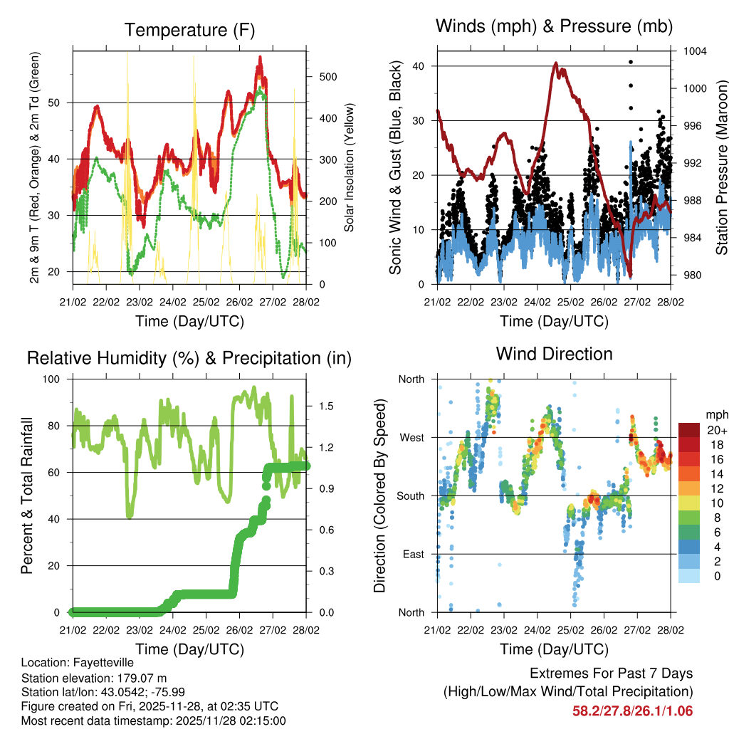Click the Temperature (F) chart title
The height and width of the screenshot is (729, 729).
click(x=189, y=30)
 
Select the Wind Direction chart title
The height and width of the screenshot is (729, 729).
click(x=554, y=354)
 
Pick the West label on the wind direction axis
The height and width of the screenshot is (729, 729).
click(x=411, y=437)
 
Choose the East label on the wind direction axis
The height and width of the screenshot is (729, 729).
click(x=412, y=554)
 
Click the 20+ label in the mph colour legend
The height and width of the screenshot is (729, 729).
click(x=717, y=430)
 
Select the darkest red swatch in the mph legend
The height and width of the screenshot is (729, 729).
click(x=689, y=430)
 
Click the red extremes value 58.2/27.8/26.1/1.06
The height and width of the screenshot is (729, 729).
click(x=632, y=710)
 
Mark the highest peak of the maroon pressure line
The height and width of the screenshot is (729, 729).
click(x=555, y=63)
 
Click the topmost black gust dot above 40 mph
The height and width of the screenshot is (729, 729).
click(x=630, y=62)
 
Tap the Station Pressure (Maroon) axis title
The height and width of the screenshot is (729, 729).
click(x=721, y=167)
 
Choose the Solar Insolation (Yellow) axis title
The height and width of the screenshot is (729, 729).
click(x=349, y=168)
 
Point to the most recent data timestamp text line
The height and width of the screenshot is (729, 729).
click(x=153, y=720)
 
